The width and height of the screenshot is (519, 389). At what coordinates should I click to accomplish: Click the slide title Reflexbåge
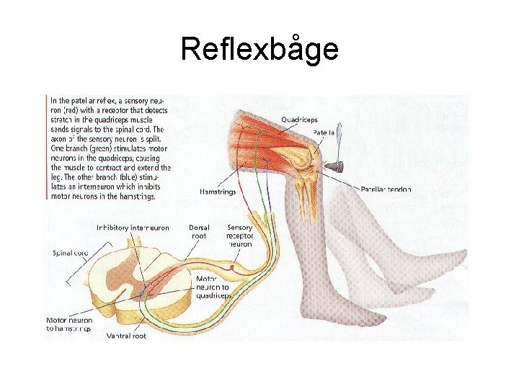click(x=259, y=49)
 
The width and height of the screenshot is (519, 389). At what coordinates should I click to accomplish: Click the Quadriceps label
click(x=300, y=120)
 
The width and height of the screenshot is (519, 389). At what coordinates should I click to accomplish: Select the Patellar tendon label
click(x=383, y=189)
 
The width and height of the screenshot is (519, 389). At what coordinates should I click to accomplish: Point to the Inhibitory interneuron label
click(x=133, y=228)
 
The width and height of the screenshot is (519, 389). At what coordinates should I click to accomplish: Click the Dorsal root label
click(x=199, y=231)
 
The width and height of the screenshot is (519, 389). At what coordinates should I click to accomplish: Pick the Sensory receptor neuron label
click(x=239, y=236)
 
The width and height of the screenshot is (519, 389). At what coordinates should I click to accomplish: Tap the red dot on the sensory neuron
click(x=232, y=267)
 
